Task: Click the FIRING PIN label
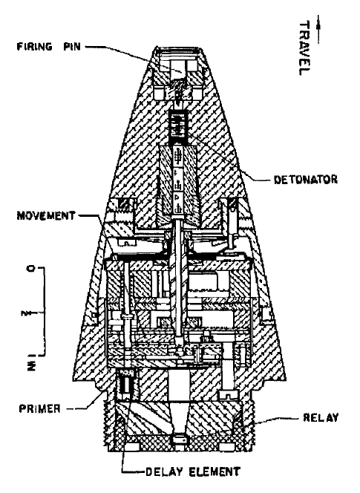tap(49, 47)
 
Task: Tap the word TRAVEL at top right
tap(304, 48)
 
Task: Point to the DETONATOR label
tap(306, 180)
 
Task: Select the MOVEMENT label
tap(46, 215)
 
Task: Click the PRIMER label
tap(39, 408)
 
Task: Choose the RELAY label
tap(321, 417)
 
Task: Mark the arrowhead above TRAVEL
tap(319, 27)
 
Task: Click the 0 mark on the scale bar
tap(31, 269)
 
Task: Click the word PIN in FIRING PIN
tap(72, 47)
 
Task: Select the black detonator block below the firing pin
tap(179, 126)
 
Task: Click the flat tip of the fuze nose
tap(178, 48)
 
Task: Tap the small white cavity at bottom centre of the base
tap(179, 439)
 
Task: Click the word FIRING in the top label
tap(35, 47)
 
